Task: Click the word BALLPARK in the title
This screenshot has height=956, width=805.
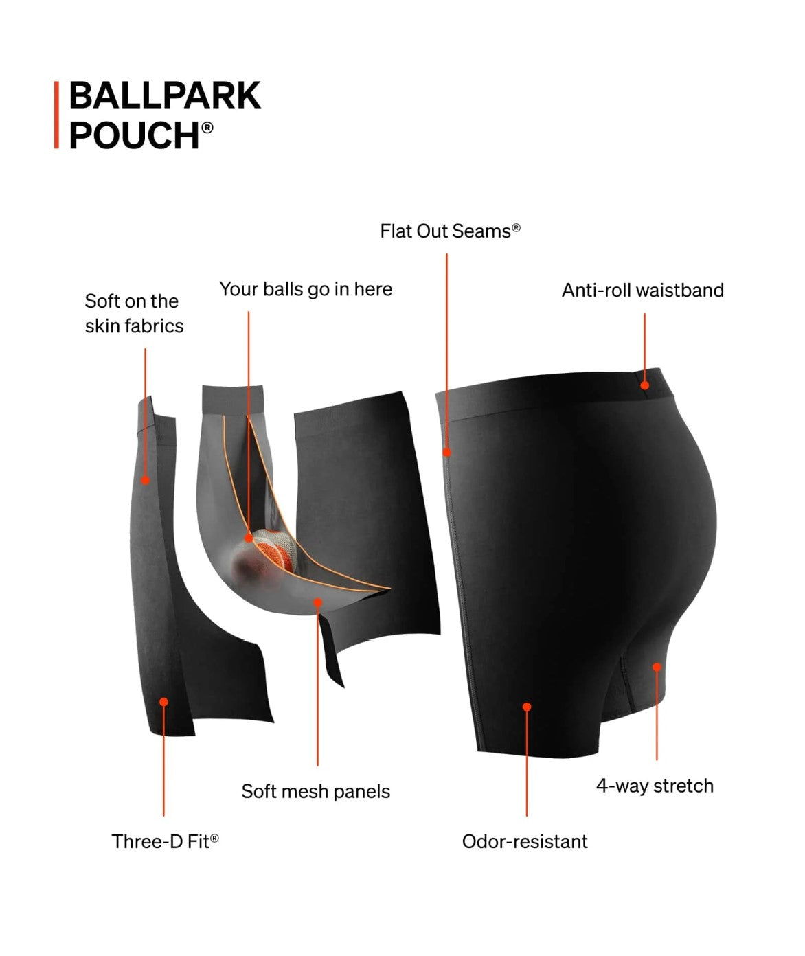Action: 165,95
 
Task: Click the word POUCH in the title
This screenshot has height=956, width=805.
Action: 134,135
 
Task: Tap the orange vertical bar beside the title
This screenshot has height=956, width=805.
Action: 56,115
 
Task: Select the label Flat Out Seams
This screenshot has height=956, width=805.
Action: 449,231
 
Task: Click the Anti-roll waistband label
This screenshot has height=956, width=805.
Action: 642,291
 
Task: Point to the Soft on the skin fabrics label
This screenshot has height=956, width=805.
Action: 134,314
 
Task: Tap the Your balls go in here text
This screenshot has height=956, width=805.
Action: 306,289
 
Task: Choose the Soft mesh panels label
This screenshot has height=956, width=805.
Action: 315,792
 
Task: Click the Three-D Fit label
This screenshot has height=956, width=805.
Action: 165,842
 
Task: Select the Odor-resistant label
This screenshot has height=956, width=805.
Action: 525,842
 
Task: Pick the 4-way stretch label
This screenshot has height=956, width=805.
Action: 655,786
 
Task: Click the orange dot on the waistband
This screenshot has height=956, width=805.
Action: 645,385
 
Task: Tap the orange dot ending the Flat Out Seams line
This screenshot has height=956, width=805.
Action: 447,453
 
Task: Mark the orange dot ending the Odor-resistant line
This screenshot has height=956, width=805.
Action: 527,707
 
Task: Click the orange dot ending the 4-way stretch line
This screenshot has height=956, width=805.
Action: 657,667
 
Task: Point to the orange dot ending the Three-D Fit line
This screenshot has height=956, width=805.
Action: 163,702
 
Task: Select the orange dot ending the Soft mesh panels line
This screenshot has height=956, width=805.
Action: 317,603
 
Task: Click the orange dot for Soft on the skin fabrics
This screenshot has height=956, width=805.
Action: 146,480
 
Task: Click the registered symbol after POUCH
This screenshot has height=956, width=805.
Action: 207,127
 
